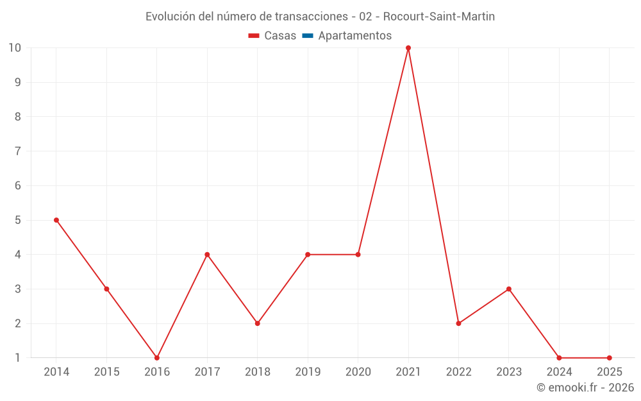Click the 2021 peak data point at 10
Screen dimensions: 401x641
coord(408,48)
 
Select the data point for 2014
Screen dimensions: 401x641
coord(56,220)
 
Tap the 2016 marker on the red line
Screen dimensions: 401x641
coord(157,358)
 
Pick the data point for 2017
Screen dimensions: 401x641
coord(207,255)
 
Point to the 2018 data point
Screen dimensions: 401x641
coord(258,323)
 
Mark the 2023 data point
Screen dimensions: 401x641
coord(509,289)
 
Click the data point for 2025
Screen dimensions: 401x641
coord(609,358)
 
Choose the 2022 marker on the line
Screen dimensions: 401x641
coord(458,323)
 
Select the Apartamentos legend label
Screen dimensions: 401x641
coord(354,36)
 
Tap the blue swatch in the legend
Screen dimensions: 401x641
coord(308,36)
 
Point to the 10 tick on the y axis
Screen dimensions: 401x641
coord(15,48)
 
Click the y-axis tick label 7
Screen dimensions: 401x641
coord(18,151)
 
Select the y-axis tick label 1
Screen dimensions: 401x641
coord(18,358)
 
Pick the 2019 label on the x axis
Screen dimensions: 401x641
coord(308,372)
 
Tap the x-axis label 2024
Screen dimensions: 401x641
coord(559,372)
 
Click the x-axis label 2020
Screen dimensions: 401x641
coord(358,372)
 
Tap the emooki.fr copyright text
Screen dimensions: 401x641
coord(585,388)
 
